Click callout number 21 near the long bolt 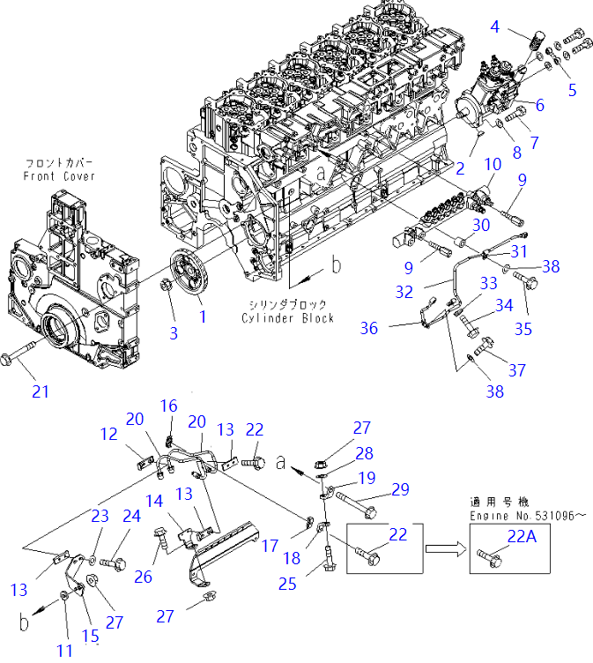point(41,389)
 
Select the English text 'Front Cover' point(59,176)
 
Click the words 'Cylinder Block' point(291,317)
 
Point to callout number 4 point(496,26)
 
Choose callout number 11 point(65,651)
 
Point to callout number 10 point(492,164)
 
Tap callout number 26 point(142,578)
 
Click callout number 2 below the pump point(459,168)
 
